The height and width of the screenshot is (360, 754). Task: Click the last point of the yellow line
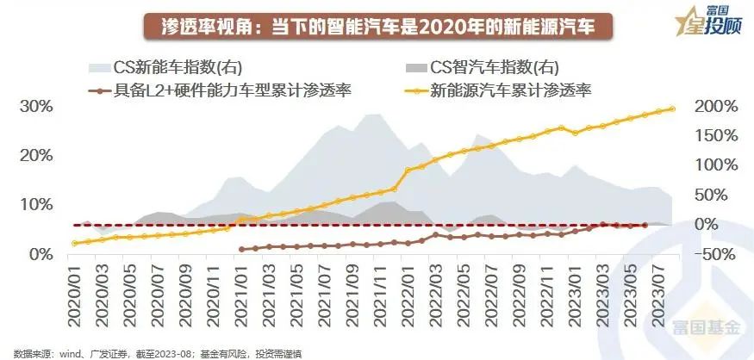(672, 109)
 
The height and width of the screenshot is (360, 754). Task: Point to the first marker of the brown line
(242, 250)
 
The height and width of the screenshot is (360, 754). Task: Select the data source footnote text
(156, 353)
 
